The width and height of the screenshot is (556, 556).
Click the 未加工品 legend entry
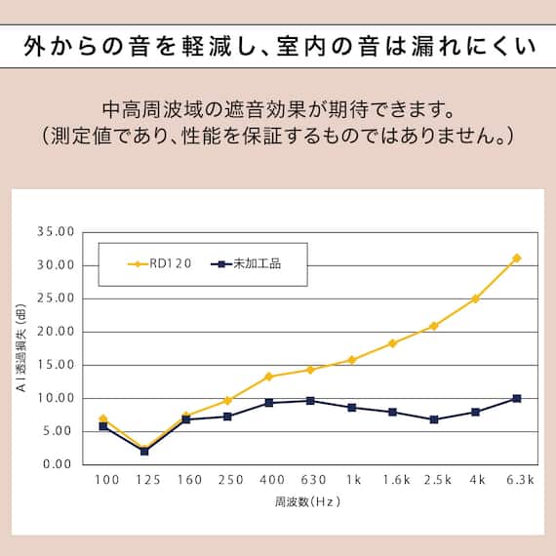point(246,263)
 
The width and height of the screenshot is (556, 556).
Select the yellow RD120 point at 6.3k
point(516,258)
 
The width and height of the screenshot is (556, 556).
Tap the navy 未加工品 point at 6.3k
point(516,398)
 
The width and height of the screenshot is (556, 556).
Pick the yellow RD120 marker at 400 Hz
point(268,377)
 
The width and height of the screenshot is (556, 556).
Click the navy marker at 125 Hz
point(144,451)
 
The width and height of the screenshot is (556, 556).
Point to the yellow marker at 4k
point(475,298)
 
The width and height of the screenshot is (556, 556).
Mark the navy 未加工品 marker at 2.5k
point(434,419)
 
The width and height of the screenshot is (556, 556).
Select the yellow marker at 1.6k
point(392,343)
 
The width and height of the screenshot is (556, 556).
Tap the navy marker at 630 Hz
point(310,401)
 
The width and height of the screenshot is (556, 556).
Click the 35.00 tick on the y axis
point(56,232)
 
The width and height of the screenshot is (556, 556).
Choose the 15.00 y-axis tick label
point(56,365)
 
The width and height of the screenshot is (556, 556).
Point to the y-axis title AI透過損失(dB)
point(20,348)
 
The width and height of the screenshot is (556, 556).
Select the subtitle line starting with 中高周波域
point(278,104)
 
